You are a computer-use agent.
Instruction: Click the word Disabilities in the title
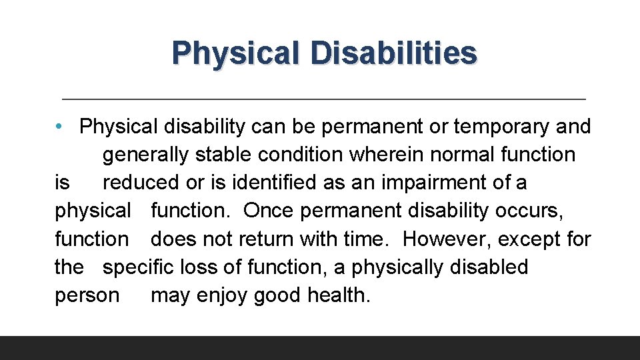[x=393, y=52]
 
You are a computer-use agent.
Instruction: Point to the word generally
[x=145, y=155]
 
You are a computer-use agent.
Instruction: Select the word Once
[x=269, y=211]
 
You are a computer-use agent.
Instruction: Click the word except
[x=529, y=239]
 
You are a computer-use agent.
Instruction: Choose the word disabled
[x=489, y=267]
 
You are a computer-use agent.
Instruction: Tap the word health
[x=339, y=295]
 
